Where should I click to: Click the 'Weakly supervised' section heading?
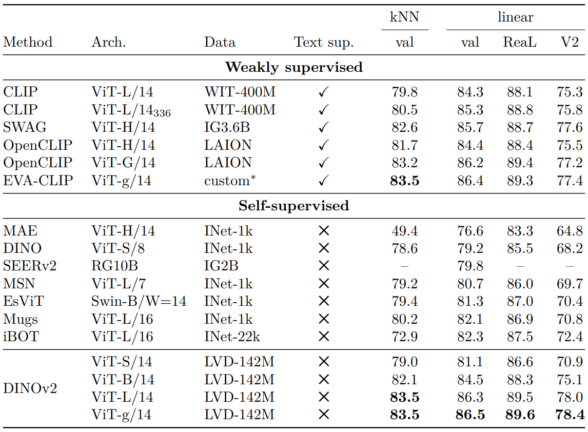294,68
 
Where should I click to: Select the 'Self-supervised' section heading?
294,206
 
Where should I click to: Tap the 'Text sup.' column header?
324,43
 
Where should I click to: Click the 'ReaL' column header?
520,42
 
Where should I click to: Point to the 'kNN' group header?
405,17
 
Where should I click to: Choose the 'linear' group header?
516,17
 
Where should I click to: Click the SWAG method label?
25,127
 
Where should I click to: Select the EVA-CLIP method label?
38,181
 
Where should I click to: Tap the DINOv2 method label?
30,388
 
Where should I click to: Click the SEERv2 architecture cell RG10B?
115,266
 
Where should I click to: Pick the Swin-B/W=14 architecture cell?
139,301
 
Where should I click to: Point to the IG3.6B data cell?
227,127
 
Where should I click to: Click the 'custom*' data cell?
230,181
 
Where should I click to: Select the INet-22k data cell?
232,337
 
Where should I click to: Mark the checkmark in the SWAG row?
324,127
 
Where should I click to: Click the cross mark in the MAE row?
324,231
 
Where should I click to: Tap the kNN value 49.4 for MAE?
405,231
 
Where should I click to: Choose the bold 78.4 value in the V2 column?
570,415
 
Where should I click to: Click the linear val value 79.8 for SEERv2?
471,266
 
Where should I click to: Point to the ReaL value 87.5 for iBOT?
520,337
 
